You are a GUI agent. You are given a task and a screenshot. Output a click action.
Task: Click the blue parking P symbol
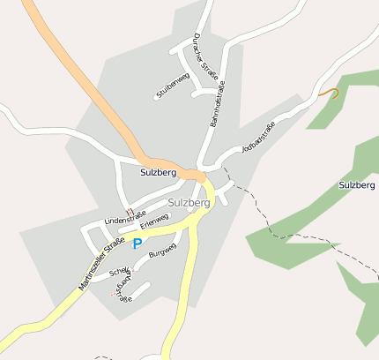click(x=137, y=243)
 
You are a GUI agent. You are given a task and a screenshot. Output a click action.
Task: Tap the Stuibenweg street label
click(x=173, y=85)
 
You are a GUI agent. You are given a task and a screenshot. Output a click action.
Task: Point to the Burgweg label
click(x=163, y=254)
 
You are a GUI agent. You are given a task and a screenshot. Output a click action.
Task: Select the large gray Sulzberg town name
click(x=188, y=202)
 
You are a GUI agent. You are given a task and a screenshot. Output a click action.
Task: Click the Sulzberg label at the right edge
click(x=357, y=185)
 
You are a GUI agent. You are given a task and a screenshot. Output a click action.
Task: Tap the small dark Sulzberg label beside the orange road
click(x=158, y=173)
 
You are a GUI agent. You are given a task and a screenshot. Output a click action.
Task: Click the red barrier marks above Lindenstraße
click(x=130, y=211)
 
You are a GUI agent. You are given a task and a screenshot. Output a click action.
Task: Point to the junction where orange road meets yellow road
click(x=202, y=177)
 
